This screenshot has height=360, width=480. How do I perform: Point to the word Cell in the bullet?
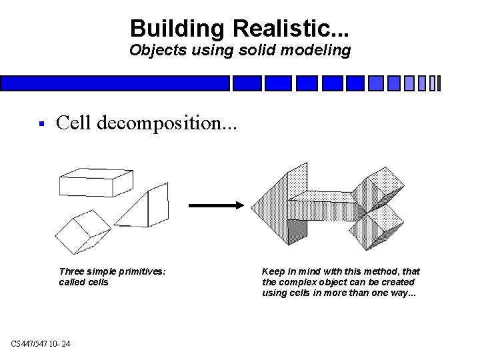coord(74,123)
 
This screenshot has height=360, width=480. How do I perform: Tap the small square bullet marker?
coord(41,123)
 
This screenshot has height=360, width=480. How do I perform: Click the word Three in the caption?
coord(72,271)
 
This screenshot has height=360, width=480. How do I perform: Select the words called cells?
coord(83,282)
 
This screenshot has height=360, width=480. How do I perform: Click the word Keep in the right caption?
coord(273,271)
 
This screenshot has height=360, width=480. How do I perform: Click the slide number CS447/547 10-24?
coord(41,343)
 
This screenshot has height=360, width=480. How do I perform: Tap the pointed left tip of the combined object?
coord(254,206)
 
